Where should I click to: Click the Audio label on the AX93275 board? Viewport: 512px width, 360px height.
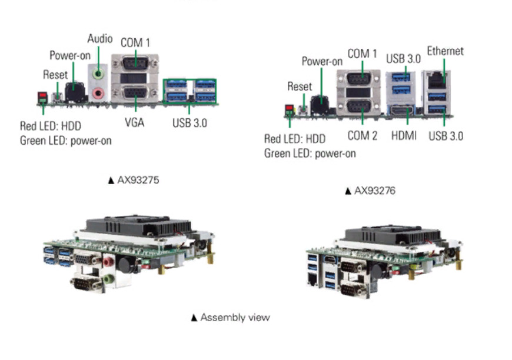tap(100, 39)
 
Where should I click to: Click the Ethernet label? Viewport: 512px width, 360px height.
tap(445, 51)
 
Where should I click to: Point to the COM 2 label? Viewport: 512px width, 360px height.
tap(362, 136)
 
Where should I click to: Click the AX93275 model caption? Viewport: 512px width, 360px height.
tap(133, 180)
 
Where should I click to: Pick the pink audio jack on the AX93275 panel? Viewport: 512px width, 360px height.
tap(98, 93)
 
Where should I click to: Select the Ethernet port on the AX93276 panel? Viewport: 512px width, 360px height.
tap(436, 79)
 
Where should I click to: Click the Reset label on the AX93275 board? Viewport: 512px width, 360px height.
tap(55, 75)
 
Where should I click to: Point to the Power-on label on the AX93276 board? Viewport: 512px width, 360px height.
tap(322, 61)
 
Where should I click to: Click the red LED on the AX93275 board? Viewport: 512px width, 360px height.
tap(42, 96)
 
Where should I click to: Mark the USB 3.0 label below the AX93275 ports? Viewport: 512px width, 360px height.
tap(189, 123)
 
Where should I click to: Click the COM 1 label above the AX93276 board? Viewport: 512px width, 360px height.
tap(362, 54)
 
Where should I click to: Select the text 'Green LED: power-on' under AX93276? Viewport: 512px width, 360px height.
tap(310, 154)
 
